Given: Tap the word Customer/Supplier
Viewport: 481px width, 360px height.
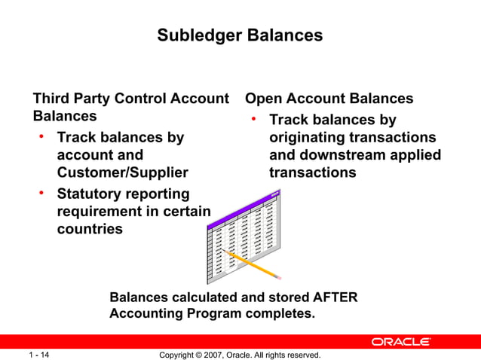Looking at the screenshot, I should pos(122,172).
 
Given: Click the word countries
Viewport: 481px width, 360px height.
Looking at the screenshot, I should pos(90,229).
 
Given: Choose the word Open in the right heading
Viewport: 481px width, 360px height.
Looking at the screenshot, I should pos(264,99).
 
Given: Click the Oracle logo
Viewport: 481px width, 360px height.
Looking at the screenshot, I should pos(400,342).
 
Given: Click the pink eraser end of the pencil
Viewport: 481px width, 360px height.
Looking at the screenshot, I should pos(277,276).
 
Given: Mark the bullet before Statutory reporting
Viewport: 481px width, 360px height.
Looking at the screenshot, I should pos(43,194).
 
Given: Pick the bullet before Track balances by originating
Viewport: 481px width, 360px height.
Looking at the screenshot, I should pos(255,119).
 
